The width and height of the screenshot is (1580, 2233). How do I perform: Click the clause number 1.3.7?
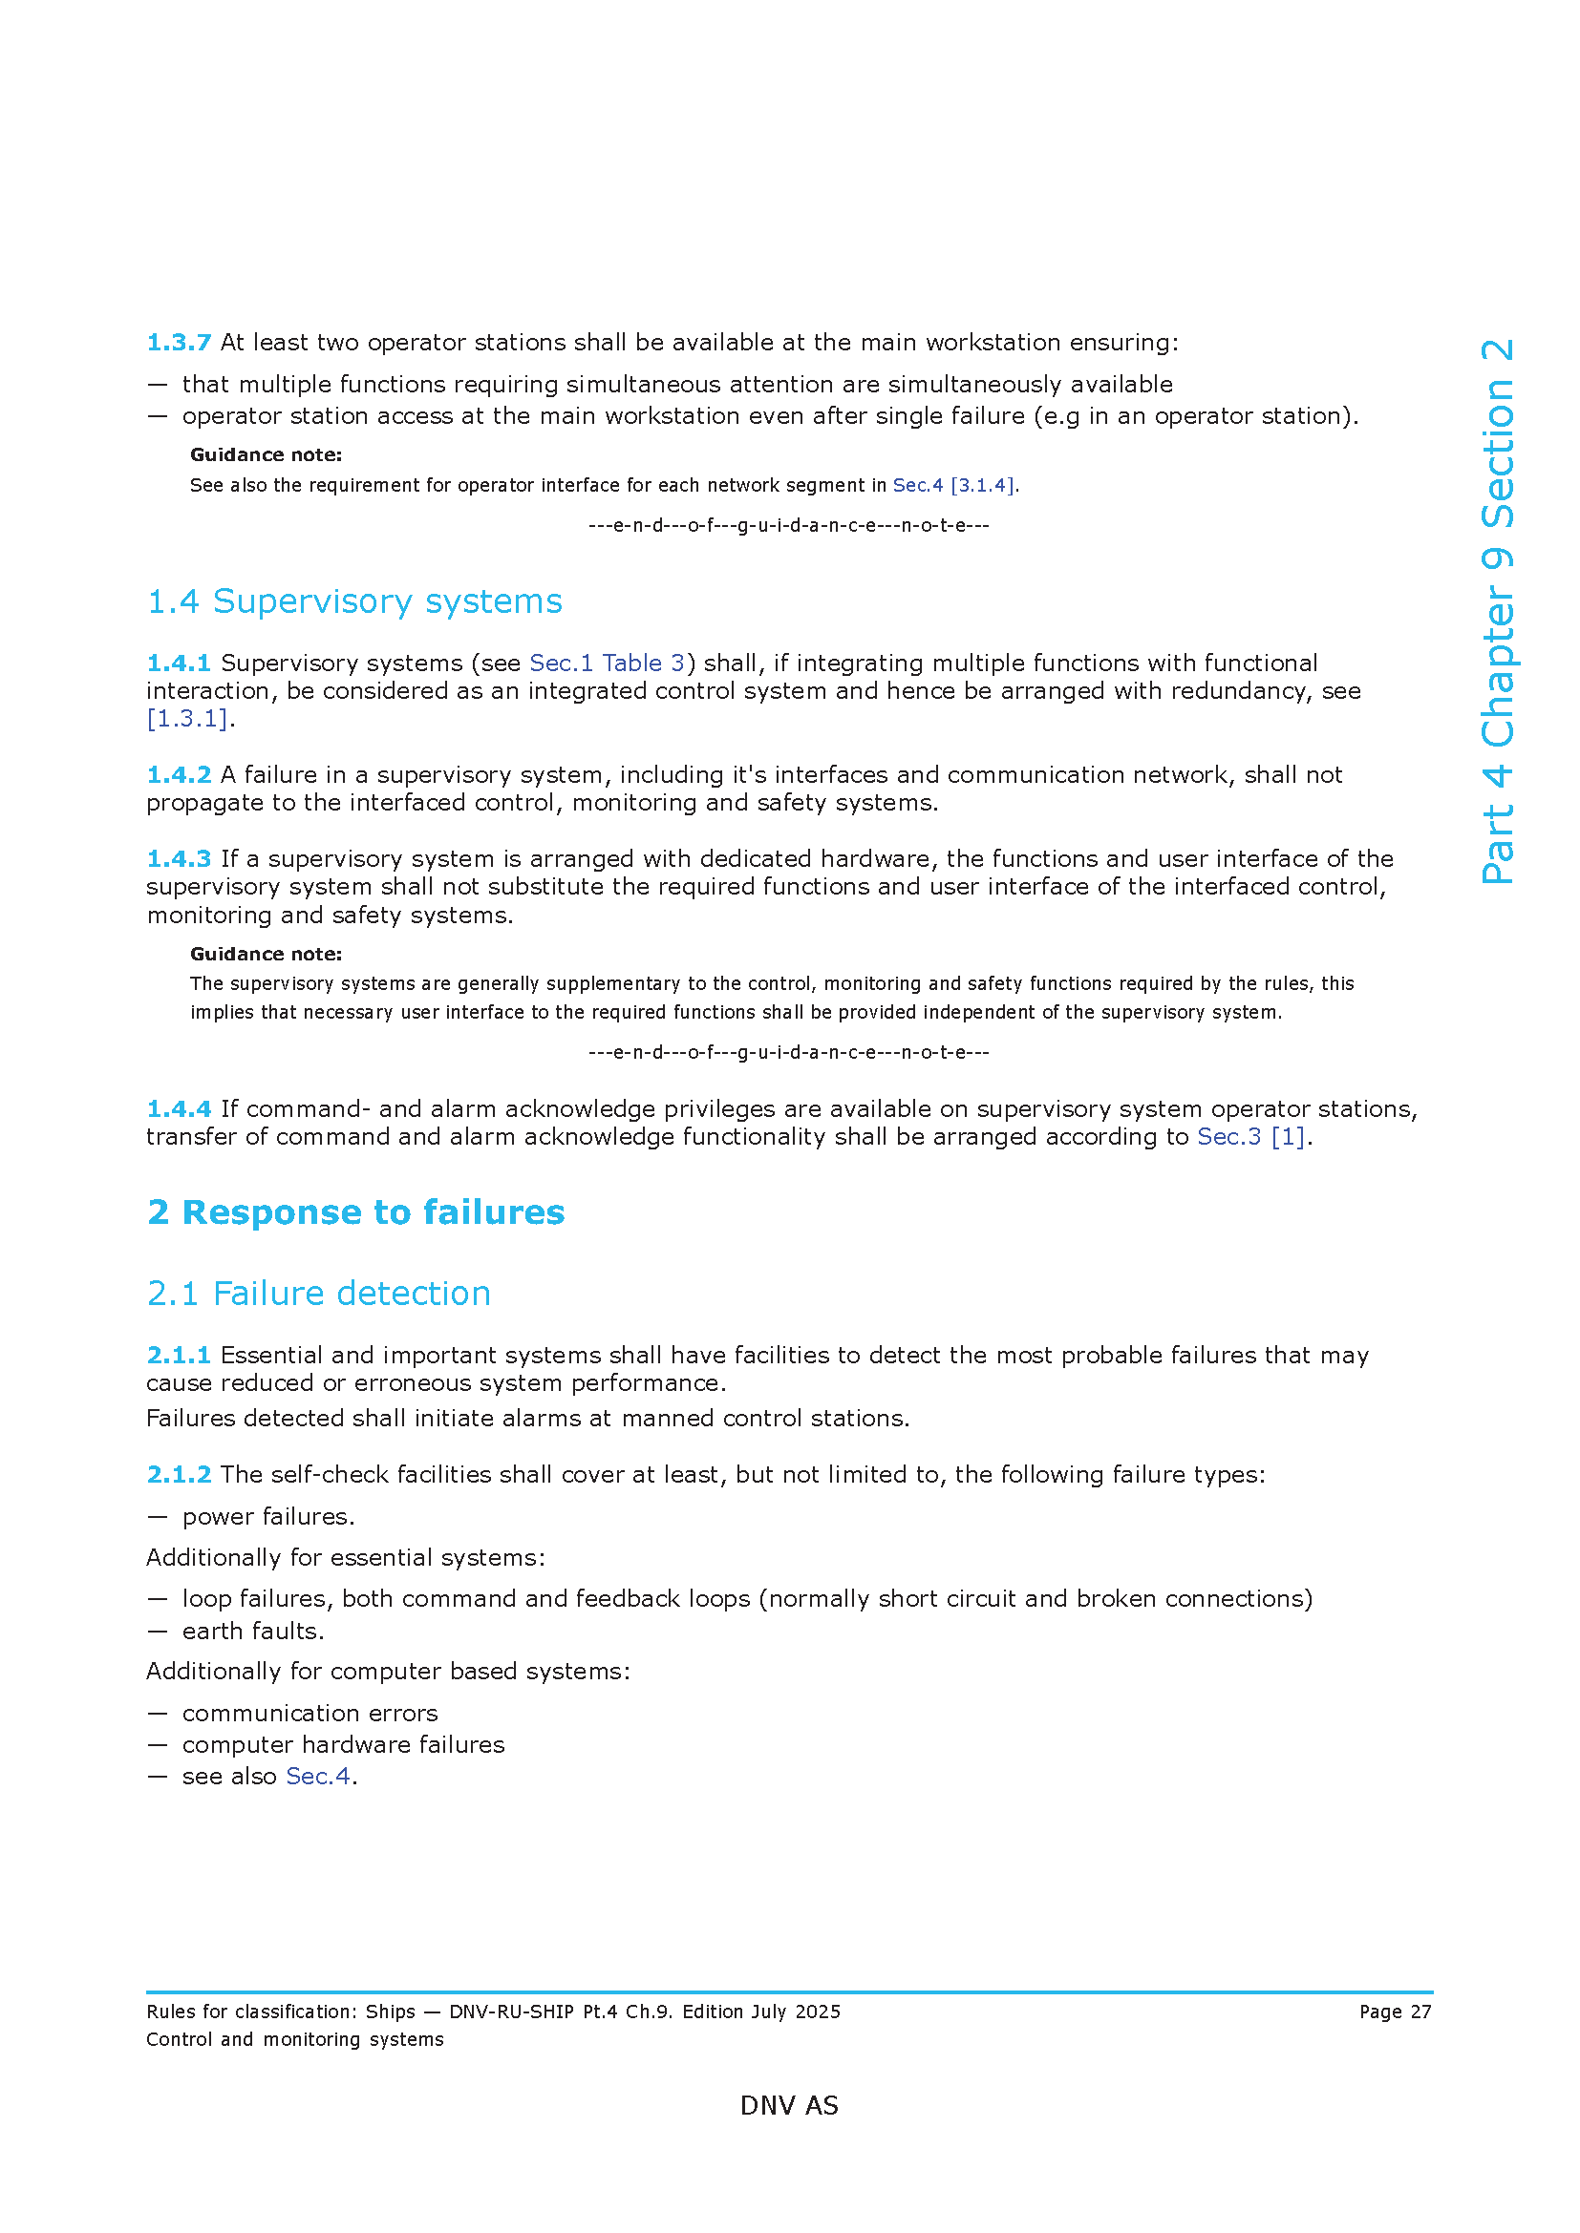tap(178, 343)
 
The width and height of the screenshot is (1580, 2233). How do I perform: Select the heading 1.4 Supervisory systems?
tap(354, 601)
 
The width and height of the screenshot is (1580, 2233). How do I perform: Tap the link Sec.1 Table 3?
tap(608, 663)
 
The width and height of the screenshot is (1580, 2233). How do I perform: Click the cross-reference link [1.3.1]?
tap(188, 719)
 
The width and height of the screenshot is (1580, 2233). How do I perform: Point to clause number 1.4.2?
tap(178, 774)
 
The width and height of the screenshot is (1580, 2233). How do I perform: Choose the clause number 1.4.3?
tap(178, 859)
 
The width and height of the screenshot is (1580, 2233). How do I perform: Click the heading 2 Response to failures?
tap(355, 1211)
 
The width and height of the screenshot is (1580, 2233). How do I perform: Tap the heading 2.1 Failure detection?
tap(318, 1294)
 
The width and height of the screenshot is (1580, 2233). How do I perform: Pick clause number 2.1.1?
tap(178, 1355)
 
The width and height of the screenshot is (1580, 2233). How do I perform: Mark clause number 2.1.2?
tap(178, 1474)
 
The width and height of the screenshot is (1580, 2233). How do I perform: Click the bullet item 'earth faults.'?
tap(253, 1631)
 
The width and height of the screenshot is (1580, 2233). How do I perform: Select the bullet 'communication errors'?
tap(310, 1713)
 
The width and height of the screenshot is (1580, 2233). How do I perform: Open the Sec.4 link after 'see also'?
tap(317, 1776)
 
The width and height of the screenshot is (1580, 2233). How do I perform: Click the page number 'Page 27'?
tap(1395, 2012)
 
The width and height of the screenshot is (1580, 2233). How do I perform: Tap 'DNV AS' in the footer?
tap(789, 2106)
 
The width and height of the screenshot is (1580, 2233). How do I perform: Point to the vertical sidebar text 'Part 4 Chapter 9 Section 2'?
tap(1498, 611)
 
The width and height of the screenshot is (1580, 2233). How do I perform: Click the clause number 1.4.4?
tap(178, 1108)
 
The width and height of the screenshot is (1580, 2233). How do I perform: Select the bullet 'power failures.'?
tap(267, 1516)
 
